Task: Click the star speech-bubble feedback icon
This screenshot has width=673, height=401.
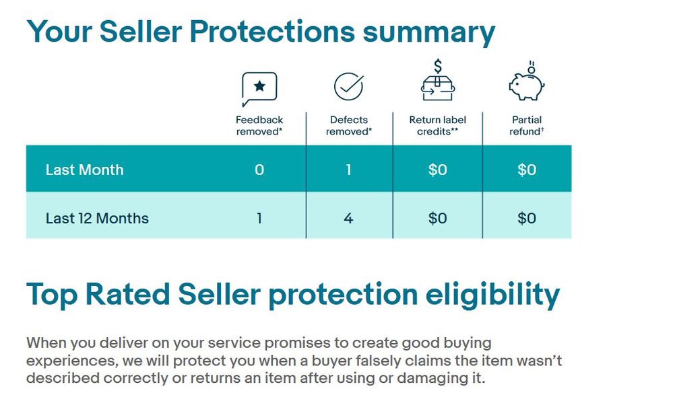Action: (259, 89)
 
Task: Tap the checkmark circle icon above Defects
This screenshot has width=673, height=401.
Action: (348, 86)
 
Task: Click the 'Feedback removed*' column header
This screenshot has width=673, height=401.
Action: (259, 126)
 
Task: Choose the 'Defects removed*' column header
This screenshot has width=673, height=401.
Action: (349, 126)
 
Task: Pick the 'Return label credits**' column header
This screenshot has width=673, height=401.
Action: (437, 126)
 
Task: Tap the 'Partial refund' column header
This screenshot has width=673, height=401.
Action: (527, 126)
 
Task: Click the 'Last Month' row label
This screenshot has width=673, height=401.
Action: (85, 170)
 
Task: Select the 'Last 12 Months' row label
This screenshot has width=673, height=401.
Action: (97, 218)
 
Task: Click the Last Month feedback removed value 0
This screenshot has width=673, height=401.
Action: (259, 170)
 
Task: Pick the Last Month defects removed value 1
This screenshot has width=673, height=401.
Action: (348, 170)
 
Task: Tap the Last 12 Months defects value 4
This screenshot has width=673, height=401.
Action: (348, 218)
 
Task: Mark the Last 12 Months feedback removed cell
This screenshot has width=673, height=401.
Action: (259, 218)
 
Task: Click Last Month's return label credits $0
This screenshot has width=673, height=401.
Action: (437, 170)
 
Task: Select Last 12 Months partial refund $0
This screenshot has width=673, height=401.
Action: (527, 218)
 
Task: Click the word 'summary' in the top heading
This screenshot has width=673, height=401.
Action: (428, 34)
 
